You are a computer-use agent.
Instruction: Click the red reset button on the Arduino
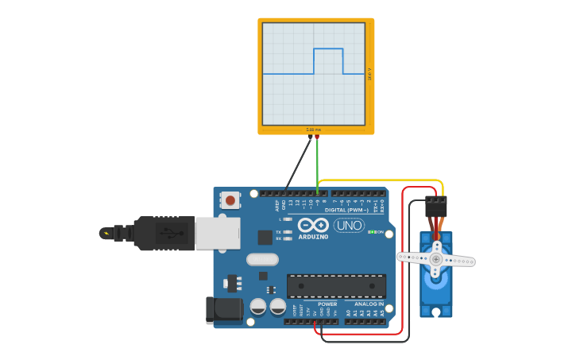(x=230, y=200)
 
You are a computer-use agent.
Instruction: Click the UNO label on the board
(x=350, y=226)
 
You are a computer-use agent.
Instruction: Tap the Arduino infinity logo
(x=313, y=226)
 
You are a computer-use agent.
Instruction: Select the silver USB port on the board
(x=217, y=233)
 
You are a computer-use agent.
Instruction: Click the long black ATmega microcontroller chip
(x=336, y=286)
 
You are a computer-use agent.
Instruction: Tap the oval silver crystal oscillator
(x=262, y=259)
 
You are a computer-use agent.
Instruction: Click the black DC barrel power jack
(x=223, y=310)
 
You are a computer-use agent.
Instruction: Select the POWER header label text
(x=327, y=304)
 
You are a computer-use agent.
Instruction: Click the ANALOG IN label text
(x=369, y=304)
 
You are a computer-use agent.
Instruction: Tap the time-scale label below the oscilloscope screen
(x=314, y=130)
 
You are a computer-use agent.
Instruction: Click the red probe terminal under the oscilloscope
(x=317, y=137)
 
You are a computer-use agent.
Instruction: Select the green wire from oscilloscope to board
(x=317, y=163)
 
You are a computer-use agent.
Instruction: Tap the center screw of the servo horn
(x=435, y=259)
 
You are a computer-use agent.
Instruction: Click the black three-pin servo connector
(x=436, y=207)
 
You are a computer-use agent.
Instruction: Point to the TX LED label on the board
(x=278, y=231)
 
